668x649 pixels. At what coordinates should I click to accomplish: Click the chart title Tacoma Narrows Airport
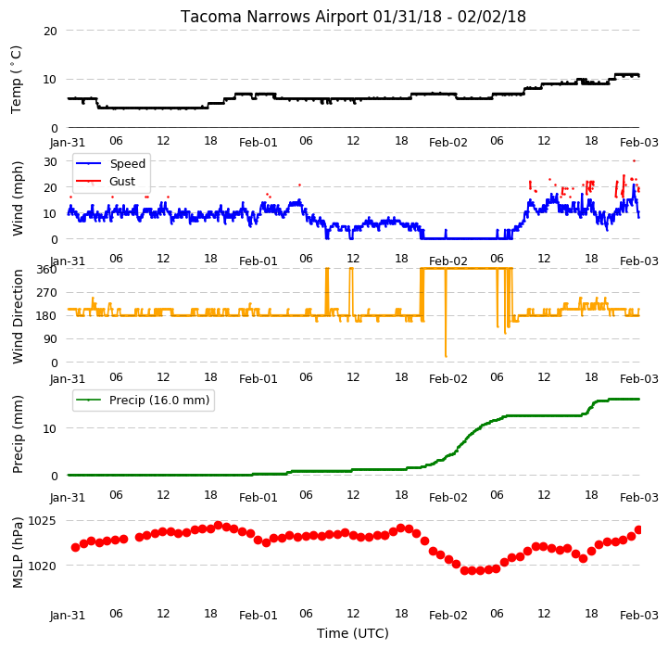click(x=273, y=17)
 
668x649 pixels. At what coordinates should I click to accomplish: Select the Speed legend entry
click(x=110, y=163)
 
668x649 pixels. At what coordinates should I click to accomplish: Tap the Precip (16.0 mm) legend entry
click(x=143, y=400)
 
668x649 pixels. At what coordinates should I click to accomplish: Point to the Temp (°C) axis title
click(x=16, y=80)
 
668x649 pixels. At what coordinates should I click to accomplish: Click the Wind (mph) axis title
click(x=18, y=198)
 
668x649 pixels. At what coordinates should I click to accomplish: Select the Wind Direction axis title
click(x=18, y=316)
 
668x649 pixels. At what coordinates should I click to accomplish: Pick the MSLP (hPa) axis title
click(x=18, y=553)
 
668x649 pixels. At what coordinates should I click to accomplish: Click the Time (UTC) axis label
click(x=353, y=633)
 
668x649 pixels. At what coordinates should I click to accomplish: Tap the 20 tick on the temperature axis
click(x=50, y=32)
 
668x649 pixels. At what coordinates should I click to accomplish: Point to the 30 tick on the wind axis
click(x=50, y=162)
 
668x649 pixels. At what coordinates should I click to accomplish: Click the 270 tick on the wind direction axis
click(x=47, y=293)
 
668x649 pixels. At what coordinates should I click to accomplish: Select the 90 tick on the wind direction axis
click(x=51, y=339)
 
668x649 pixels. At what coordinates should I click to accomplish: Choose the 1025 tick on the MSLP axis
click(x=42, y=521)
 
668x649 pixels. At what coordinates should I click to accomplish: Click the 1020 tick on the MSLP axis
click(x=42, y=566)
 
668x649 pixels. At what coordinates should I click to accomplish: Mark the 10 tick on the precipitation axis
click(x=50, y=428)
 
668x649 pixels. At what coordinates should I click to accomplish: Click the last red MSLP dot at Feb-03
click(x=638, y=530)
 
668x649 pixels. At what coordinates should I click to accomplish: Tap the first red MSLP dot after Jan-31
click(x=75, y=547)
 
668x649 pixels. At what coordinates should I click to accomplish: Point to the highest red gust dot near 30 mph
click(x=634, y=160)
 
